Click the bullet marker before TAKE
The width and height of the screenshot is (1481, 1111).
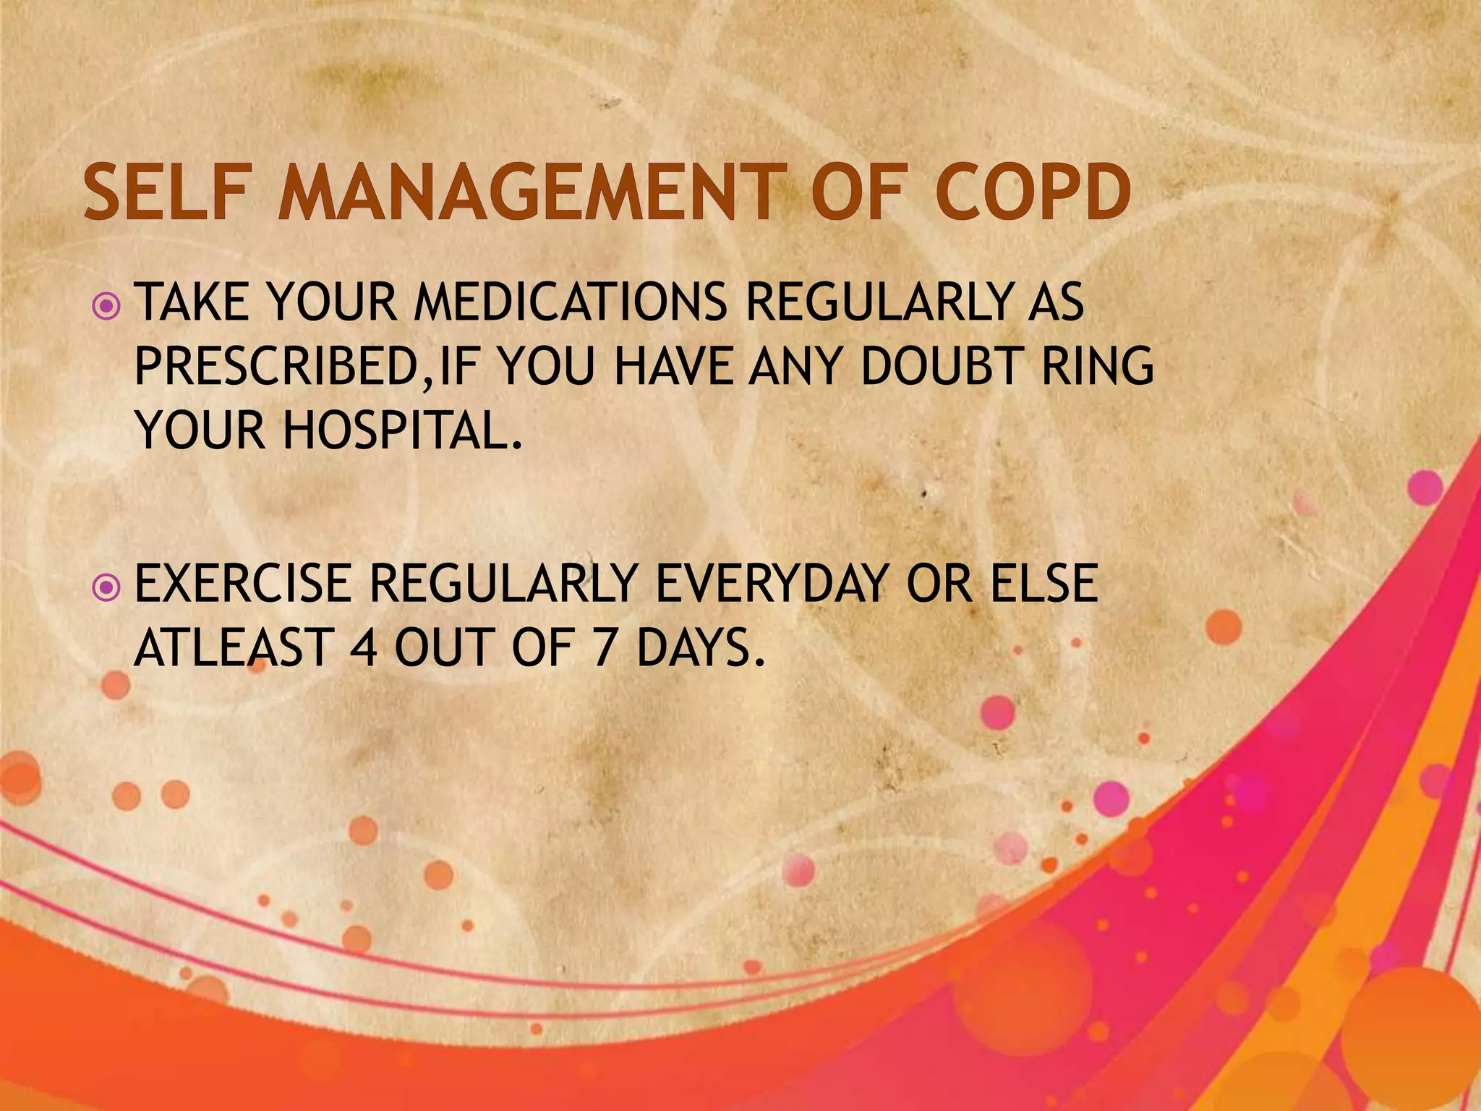(106, 307)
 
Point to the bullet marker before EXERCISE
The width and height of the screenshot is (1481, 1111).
(106, 587)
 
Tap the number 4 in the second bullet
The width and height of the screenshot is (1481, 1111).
(364, 647)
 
